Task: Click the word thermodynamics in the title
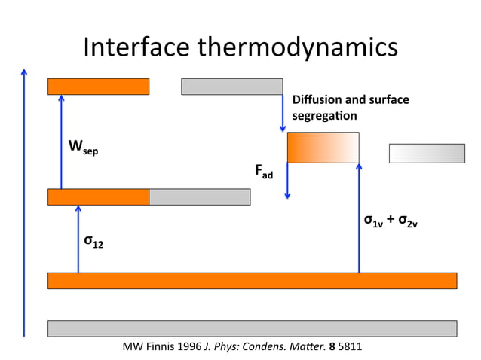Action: coord(296,48)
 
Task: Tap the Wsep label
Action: coord(82,146)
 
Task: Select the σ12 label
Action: coord(93,242)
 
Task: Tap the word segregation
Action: coord(324,116)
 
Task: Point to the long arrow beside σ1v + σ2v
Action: coord(359,218)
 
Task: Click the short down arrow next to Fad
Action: coord(287,181)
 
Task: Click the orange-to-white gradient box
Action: coord(323,147)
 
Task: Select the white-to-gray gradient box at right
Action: coord(427,153)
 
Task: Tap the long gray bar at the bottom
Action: coord(252,328)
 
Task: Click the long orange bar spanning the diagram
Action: coord(252,280)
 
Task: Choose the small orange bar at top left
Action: coord(98,87)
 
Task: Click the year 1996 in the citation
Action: coord(188,347)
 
